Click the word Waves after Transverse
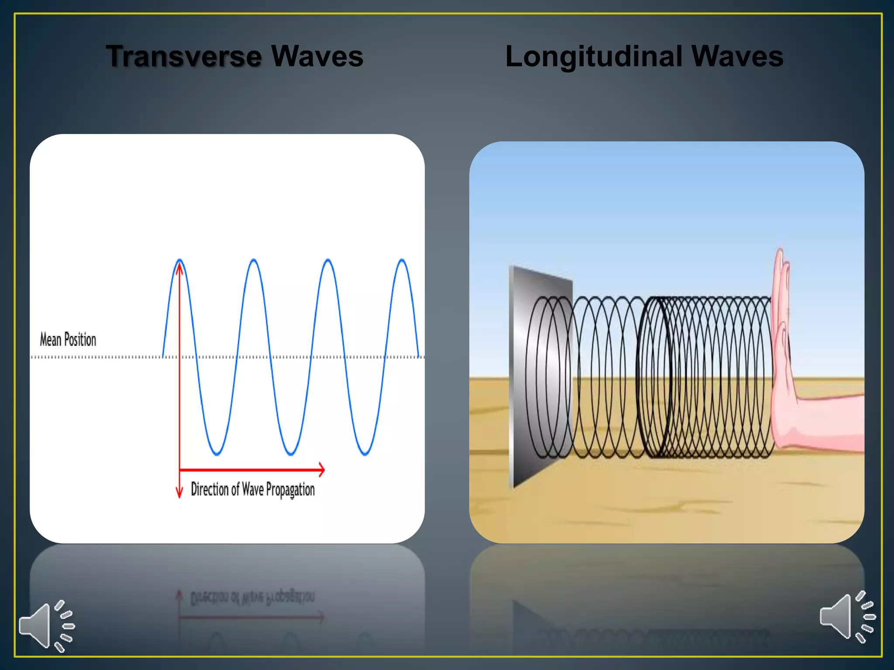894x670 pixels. tap(317, 56)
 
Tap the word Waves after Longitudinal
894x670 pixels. tap(737, 56)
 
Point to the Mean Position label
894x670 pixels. tap(68, 339)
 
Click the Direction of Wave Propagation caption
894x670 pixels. tap(253, 489)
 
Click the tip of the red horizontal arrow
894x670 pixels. tap(323, 470)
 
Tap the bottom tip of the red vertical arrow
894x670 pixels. tap(179, 496)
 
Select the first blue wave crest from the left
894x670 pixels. tap(179, 260)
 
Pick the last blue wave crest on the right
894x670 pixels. tap(402, 260)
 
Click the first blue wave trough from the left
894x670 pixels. tap(217, 454)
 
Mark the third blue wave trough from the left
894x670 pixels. tap(365, 454)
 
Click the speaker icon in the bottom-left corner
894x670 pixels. tap(46, 626)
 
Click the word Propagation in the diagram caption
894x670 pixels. tap(290, 490)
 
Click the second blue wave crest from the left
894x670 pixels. tap(254, 260)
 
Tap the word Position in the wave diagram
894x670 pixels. tap(80, 339)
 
